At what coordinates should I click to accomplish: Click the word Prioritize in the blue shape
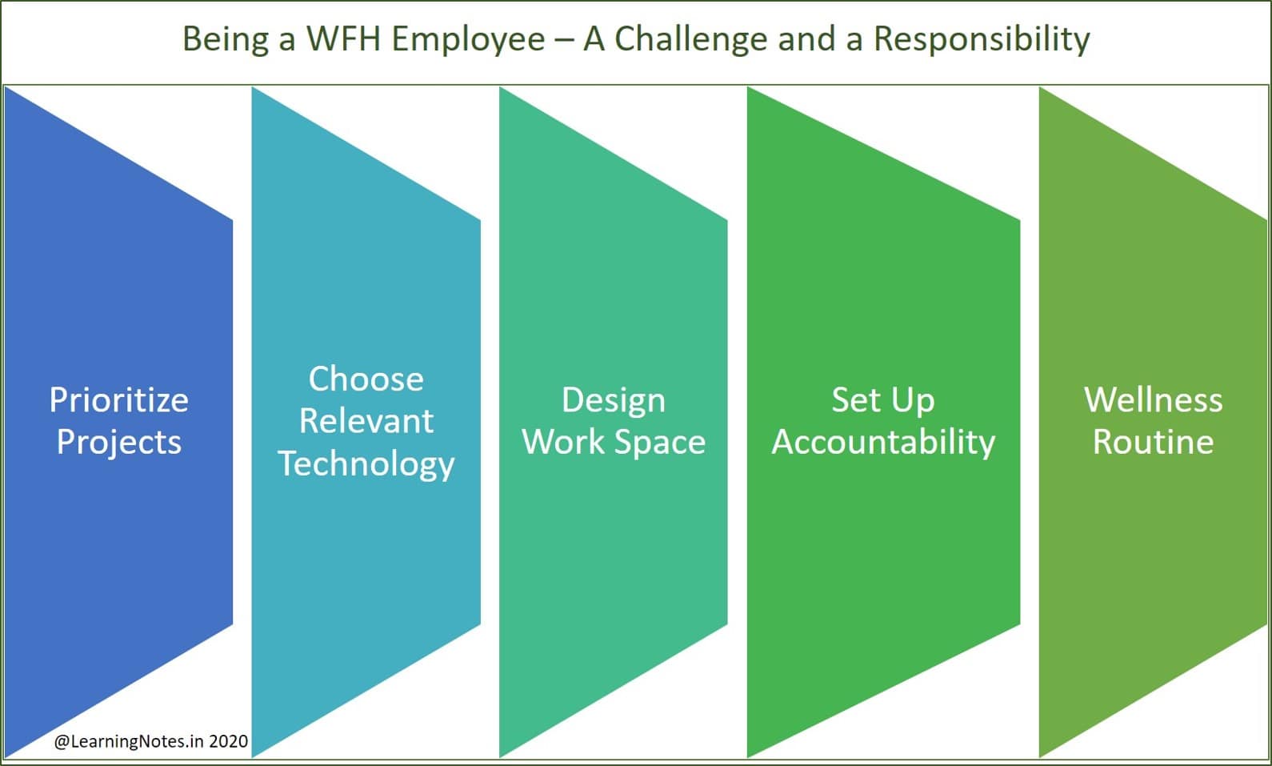(118, 399)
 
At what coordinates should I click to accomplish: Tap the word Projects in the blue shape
(118, 442)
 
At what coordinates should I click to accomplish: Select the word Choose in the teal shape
(366, 379)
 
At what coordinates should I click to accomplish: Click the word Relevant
(366, 421)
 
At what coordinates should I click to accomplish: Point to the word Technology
(366, 463)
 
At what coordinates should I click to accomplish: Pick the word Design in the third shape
(613, 399)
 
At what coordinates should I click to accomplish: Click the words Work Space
(613, 442)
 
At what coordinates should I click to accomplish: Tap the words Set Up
(882, 399)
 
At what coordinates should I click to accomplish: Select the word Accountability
(882, 442)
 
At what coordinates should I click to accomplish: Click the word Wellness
(1153, 399)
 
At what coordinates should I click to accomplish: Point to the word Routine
(1153, 442)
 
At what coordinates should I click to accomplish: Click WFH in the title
(343, 39)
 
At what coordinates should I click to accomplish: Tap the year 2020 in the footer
(228, 741)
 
